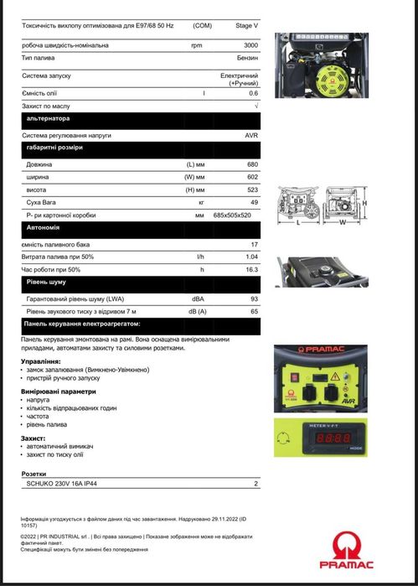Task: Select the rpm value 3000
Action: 250,44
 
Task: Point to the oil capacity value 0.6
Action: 253,92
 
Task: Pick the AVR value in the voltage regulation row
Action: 251,135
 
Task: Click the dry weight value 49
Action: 254,203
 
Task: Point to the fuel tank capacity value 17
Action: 254,244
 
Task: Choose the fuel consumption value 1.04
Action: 250,257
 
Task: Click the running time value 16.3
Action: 251,269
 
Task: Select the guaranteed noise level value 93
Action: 254,299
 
